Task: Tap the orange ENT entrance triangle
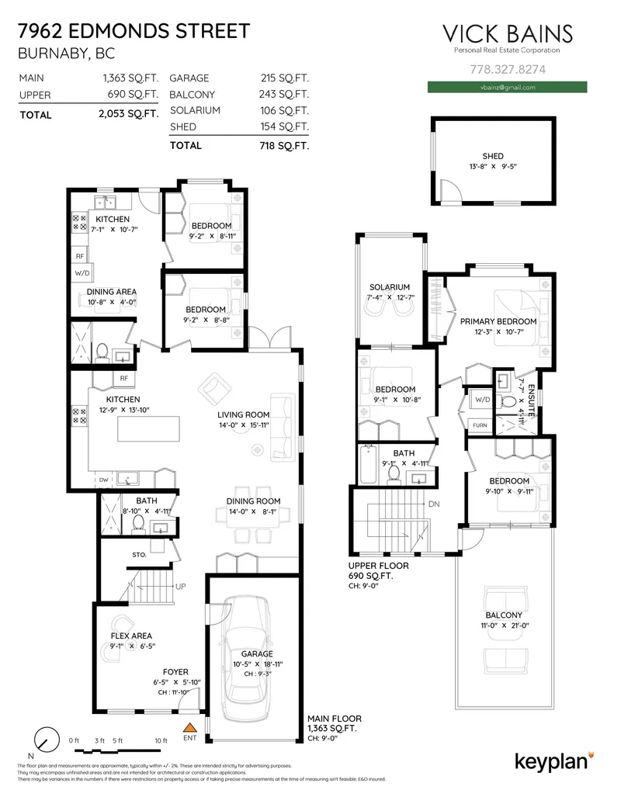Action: click(189, 728)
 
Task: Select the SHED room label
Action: click(492, 156)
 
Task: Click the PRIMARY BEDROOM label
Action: click(498, 321)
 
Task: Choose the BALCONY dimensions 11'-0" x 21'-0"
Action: click(502, 625)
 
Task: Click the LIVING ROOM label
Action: click(243, 414)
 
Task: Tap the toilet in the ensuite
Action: click(505, 401)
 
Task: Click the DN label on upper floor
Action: click(434, 504)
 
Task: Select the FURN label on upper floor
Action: click(480, 425)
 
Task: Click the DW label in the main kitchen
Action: click(103, 480)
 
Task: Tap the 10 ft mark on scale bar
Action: click(161, 740)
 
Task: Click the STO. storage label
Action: click(140, 555)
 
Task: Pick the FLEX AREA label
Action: click(131, 636)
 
